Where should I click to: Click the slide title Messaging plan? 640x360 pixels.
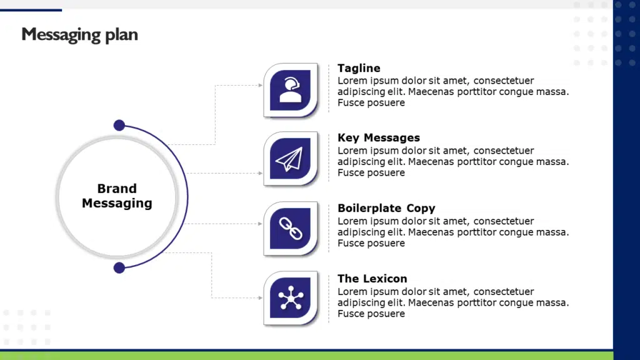pyautogui.click(x=79, y=34)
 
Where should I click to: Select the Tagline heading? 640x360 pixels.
pyautogui.click(x=359, y=68)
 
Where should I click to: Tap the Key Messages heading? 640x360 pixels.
pyautogui.click(x=379, y=137)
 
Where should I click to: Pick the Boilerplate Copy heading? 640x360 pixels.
pyautogui.click(x=386, y=208)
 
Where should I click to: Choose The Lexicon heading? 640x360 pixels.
pyautogui.click(x=372, y=279)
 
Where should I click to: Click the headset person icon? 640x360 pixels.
pyautogui.click(x=291, y=89)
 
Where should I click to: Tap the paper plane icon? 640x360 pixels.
pyautogui.click(x=289, y=159)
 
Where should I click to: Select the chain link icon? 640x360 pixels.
pyautogui.click(x=290, y=229)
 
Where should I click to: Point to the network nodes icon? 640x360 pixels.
pyautogui.click(x=291, y=298)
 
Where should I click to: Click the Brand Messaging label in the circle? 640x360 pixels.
pyautogui.click(x=117, y=196)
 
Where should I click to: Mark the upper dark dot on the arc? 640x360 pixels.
pyautogui.click(x=119, y=126)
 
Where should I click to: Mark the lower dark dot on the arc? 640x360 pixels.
pyautogui.click(x=119, y=268)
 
